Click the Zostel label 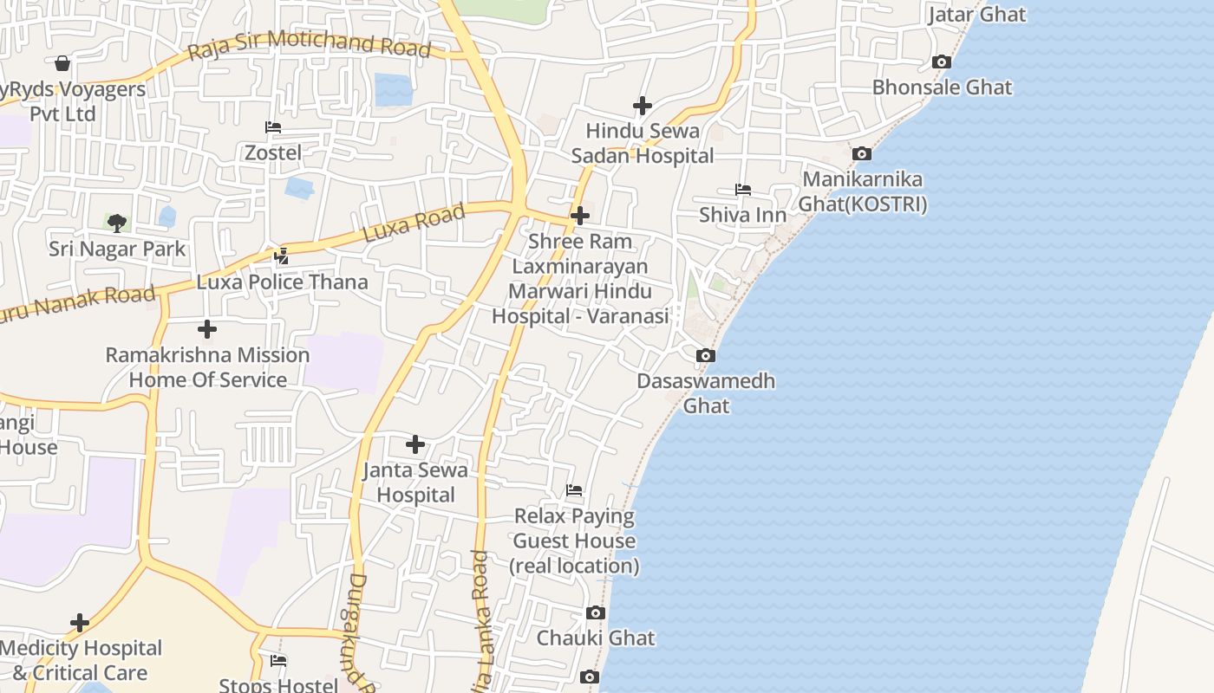273,153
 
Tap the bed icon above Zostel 273,127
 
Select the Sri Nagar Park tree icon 117,223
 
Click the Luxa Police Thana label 282,282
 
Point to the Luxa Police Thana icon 281,256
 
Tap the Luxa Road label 414,223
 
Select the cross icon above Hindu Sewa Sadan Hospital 642,106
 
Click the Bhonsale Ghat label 942,87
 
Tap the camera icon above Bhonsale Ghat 941,62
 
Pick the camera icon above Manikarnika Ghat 861,153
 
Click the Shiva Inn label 743,215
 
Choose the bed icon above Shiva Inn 743,190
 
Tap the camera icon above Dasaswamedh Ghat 706,355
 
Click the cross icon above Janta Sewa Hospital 415,444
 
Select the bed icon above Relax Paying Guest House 574,490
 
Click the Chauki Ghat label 596,638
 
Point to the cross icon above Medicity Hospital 80,623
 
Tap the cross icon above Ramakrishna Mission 207,329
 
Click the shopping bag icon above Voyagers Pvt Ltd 62,63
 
